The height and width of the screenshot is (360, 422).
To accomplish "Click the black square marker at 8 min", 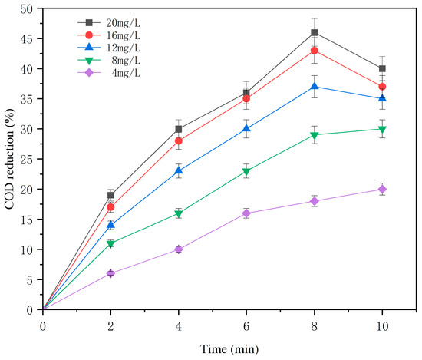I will coord(315,32).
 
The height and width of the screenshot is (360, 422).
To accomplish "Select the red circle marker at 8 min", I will coord(315,51).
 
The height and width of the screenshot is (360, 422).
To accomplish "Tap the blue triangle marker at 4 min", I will coord(179,170).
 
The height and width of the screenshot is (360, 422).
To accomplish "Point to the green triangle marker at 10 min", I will coord(382,129).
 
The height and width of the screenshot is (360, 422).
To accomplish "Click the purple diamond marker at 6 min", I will coord(246,213).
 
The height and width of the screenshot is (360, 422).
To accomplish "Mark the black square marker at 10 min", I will coord(382,68).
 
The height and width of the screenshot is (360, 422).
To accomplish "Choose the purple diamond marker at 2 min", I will coord(110,273).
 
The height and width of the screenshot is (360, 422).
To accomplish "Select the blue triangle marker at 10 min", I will coord(382,98).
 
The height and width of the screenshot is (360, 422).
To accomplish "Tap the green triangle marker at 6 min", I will coord(246,171).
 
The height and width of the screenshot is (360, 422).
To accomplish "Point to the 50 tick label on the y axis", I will coord(28,8).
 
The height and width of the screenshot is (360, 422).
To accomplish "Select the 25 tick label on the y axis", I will coord(28,159).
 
